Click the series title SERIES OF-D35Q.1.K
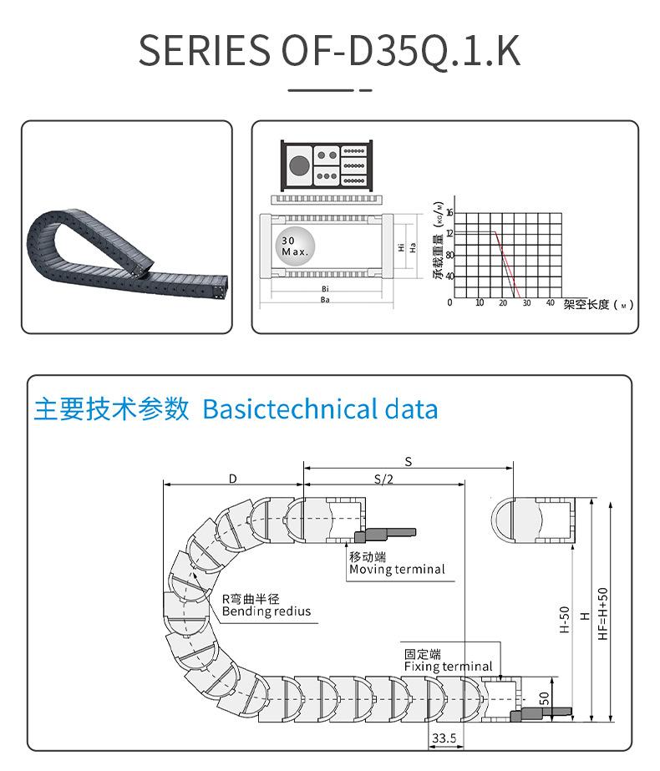point(329,51)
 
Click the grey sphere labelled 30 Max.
point(294,246)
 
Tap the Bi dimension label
point(323,288)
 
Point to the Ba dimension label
point(323,299)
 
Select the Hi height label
point(401,246)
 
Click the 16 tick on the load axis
point(449,211)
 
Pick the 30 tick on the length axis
point(526,303)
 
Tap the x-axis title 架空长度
point(587,305)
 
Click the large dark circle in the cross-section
point(298,165)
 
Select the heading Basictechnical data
point(320,409)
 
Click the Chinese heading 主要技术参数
point(112,409)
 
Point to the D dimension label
point(233,479)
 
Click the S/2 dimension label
point(383,479)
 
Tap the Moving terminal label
point(397,570)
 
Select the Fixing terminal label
point(448,667)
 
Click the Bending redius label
point(266,611)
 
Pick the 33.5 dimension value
point(443,738)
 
